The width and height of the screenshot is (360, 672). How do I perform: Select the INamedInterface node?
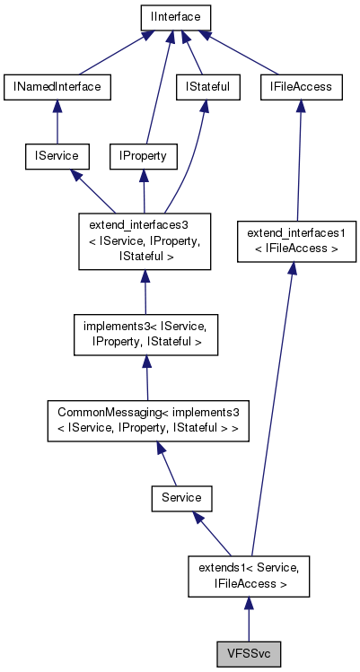(57, 86)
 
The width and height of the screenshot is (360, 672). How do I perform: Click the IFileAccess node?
(301, 86)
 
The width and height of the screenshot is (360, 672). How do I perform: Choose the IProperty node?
(143, 156)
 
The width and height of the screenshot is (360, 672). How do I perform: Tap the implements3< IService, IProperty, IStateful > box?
(145, 334)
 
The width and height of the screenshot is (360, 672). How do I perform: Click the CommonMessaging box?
(148, 419)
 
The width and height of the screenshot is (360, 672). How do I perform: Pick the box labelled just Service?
(180, 496)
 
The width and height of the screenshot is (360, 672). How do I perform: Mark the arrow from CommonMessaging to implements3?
(147, 376)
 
